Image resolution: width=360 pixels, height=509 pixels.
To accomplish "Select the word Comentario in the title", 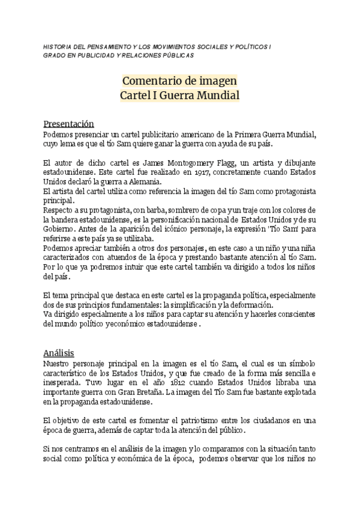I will tap(148, 80).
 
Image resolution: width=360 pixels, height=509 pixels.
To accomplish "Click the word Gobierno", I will tap(59, 229).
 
